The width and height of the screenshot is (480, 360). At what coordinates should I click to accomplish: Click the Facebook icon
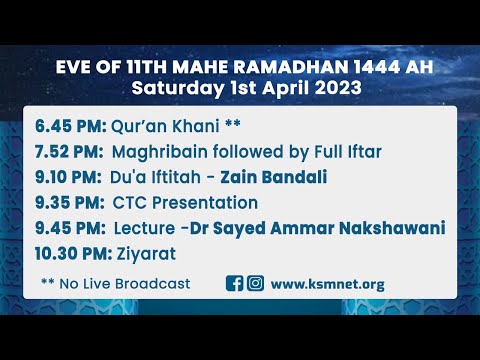(235, 283)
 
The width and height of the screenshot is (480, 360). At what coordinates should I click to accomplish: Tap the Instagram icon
(255, 283)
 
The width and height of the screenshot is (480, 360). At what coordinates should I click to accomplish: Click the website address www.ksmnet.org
(328, 283)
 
